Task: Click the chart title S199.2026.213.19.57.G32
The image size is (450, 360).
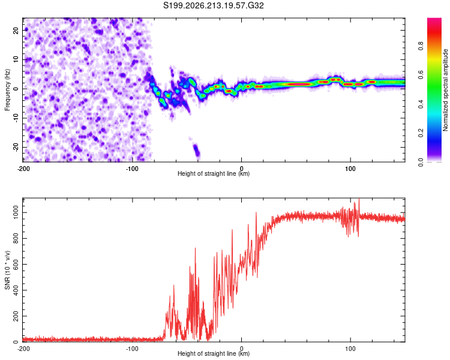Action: (x=213, y=5)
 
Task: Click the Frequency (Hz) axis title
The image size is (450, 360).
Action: (x=7, y=90)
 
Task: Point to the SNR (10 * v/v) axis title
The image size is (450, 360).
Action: (x=7, y=270)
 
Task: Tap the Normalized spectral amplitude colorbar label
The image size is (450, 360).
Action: (x=445, y=90)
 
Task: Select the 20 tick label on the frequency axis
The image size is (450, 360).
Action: (x=16, y=30)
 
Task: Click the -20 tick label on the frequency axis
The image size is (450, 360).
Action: (x=16, y=148)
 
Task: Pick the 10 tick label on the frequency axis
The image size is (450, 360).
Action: (x=16, y=59)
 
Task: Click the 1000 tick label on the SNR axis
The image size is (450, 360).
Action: (x=16, y=213)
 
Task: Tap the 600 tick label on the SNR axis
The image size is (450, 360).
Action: (x=16, y=265)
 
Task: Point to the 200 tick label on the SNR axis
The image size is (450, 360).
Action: (x=16, y=316)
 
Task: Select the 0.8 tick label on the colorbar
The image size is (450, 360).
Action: (x=421, y=46)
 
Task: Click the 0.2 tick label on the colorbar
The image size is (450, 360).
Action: (x=421, y=133)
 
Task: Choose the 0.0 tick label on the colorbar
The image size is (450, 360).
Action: (x=421, y=162)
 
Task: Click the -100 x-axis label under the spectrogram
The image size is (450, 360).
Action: (x=132, y=169)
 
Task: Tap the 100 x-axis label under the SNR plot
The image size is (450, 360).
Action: (x=350, y=349)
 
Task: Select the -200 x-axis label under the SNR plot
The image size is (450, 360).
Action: (x=23, y=349)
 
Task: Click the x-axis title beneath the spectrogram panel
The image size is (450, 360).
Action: (x=214, y=173)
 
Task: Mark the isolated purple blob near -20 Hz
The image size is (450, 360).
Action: (x=196, y=151)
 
